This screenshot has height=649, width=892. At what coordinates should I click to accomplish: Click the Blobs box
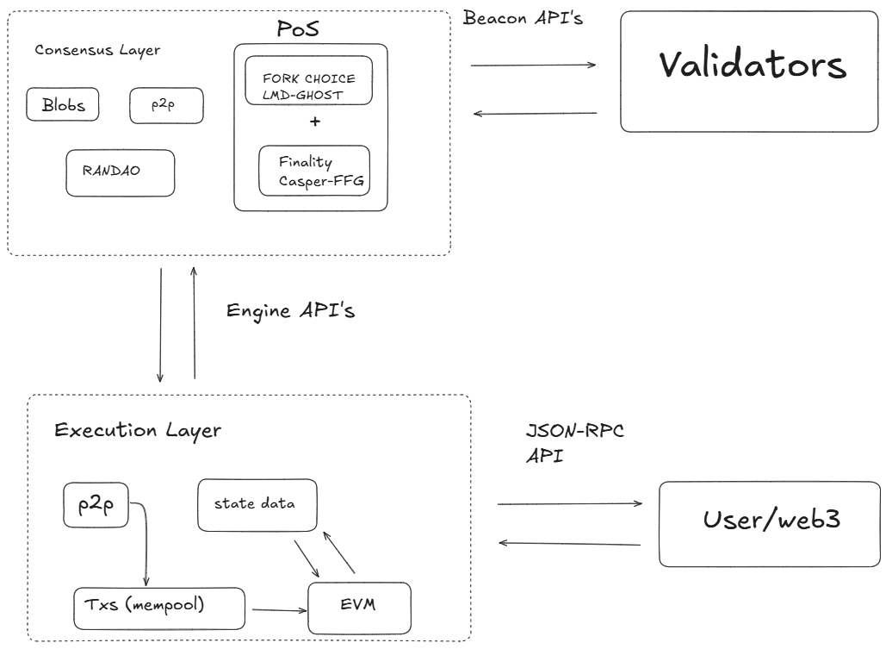62,105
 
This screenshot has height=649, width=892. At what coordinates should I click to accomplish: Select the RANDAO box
121,172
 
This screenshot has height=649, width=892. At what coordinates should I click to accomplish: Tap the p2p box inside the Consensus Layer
166,106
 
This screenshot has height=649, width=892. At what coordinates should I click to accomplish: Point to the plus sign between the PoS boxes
314,122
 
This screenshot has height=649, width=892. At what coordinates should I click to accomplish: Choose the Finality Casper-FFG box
313,171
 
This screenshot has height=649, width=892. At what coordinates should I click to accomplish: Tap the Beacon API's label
523,18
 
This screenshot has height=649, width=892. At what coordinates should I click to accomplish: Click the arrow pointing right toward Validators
533,65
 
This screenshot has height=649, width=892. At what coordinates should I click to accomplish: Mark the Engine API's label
290,311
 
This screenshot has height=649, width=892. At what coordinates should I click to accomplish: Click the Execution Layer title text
138,430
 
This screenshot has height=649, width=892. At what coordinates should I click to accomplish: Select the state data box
257,504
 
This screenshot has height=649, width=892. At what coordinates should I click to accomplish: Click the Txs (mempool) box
159,607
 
